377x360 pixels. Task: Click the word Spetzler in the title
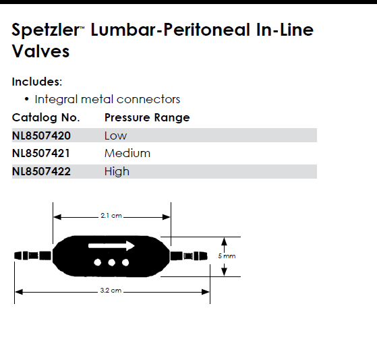coord(46,30)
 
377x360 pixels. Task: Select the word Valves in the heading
coord(40,51)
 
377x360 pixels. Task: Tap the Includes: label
coord(37,82)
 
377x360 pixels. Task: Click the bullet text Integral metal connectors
coord(107,99)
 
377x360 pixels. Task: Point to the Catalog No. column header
coord(46,117)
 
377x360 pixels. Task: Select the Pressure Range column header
coord(147,118)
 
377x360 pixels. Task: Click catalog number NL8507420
coord(41,136)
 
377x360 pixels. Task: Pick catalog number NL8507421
coord(41,153)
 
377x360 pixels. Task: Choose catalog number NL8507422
coord(41,172)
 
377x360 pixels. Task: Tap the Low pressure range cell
coord(115,136)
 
